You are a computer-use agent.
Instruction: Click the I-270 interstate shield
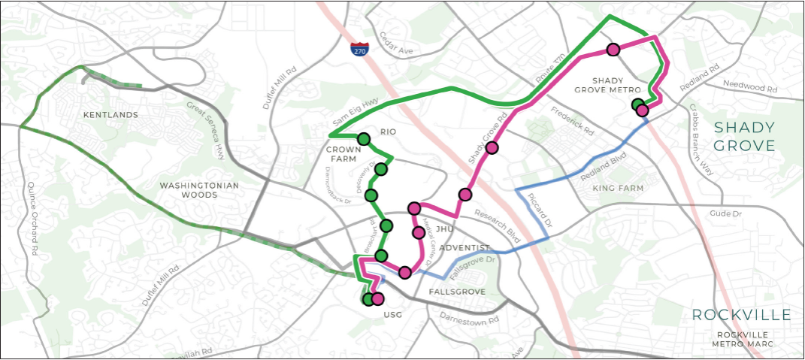click(359, 50)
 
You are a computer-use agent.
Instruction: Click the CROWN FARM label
click(343, 154)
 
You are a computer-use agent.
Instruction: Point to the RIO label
click(388, 132)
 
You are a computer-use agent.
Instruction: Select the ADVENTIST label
click(465, 248)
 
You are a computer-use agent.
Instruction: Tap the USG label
click(393, 314)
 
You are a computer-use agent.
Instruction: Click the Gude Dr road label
click(726, 215)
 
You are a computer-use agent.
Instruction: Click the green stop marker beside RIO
click(364, 139)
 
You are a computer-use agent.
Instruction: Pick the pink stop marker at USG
click(377, 299)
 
